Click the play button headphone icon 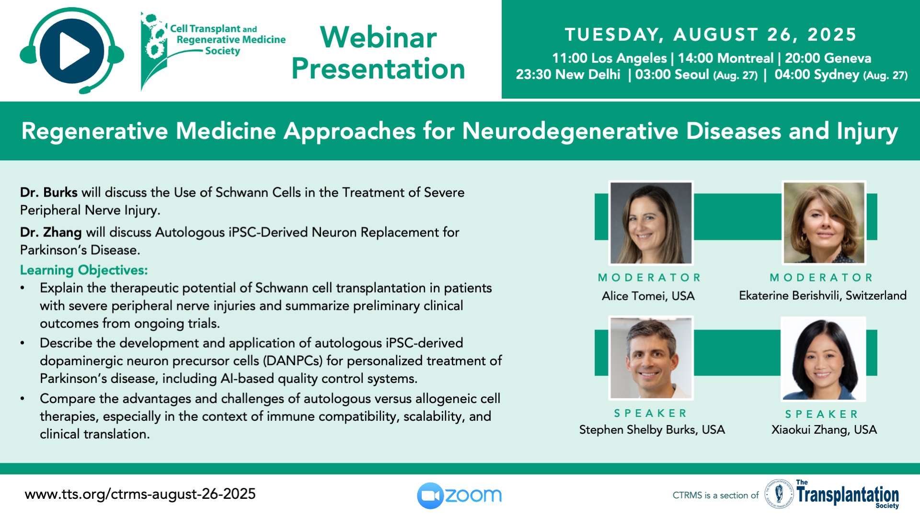[72, 51]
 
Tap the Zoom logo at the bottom [459, 495]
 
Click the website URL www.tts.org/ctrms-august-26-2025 [140, 494]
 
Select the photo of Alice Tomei [651, 223]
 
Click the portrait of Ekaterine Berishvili [824, 223]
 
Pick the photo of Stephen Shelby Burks [651, 358]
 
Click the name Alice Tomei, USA [648, 296]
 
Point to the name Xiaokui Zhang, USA [824, 430]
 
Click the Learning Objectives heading [84, 270]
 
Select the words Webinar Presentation [378, 53]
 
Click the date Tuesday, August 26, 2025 [711, 34]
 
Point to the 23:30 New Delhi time [568, 75]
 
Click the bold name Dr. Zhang [51, 232]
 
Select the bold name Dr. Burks [48, 192]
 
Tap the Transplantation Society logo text [847, 495]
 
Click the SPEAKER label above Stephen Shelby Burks [651, 413]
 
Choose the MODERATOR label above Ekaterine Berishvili [822, 278]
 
